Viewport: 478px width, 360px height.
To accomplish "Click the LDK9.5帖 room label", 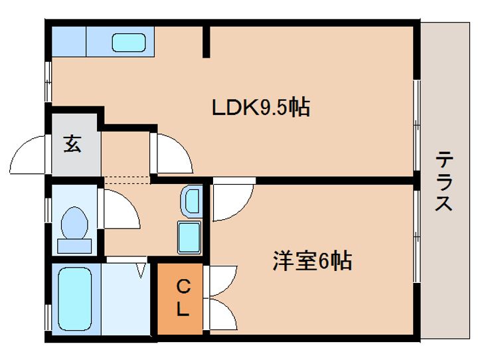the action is [261, 107].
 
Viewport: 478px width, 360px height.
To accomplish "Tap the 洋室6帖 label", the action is [313, 261].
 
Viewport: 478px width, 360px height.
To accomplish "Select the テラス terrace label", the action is [443, 181].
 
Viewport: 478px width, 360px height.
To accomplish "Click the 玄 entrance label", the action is [72, 143].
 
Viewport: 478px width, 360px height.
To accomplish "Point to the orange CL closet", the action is [180, 299].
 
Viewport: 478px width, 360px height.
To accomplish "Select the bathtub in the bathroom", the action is [74, 299].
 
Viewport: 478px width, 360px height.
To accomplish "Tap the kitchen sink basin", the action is [128, 43].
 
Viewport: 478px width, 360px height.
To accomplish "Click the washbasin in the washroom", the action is [192, 201].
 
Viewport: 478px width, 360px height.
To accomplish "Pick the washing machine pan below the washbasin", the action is [189, 237].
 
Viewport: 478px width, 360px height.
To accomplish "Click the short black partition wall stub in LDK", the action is [206, 42].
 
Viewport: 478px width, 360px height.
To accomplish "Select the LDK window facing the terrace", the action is [417, 125].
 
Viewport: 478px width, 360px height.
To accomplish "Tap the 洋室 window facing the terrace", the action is [417, 237].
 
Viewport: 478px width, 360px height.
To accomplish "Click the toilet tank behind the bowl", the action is [74, 246].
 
